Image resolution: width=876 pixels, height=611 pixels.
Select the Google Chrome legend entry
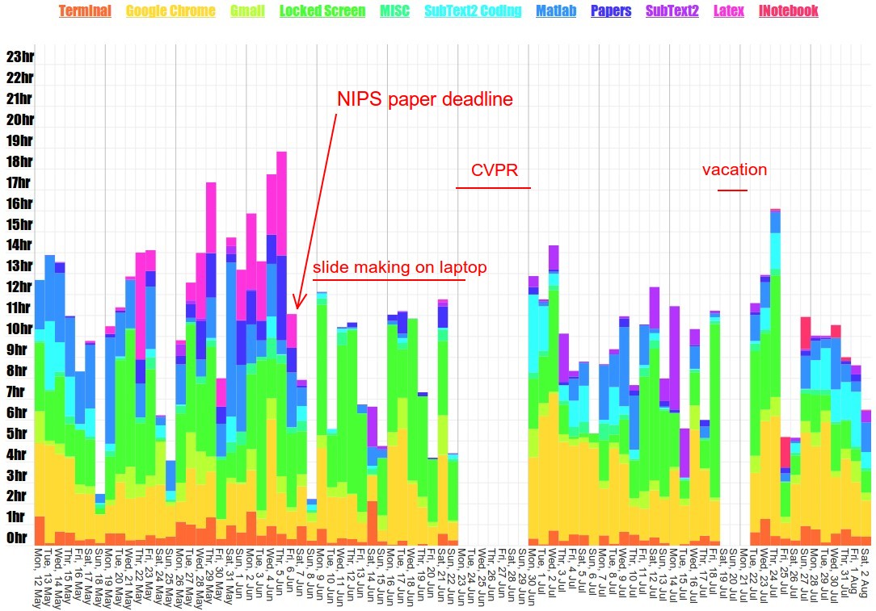click(x=171, y=11)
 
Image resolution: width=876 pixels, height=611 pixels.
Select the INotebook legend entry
click(x=789, y=11)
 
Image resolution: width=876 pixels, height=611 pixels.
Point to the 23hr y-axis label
click(x=19, y=56)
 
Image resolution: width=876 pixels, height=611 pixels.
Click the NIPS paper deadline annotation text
click(x=425, y=99)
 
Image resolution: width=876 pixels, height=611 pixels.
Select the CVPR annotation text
click(x=495, y=170)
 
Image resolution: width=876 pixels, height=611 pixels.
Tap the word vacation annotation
click(x=735, y=170)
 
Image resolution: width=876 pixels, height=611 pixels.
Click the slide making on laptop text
click(x=400, y=267)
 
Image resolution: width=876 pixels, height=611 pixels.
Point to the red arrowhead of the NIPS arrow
click(x=297, y=304)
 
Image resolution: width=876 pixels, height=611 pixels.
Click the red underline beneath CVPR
click(x=493, y=188)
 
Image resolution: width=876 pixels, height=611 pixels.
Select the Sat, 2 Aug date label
click(x=865, y=575)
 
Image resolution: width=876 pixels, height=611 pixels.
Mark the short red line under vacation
click(x=732, y=190)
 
